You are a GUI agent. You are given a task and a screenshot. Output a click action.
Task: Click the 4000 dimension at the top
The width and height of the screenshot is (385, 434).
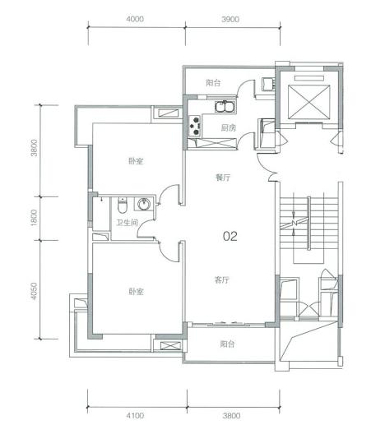point(135,19)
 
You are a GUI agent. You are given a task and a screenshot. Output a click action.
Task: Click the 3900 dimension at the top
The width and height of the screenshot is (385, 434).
point(230,20)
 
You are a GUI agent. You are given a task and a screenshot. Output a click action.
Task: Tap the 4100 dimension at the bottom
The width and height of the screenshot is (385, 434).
point(135,415)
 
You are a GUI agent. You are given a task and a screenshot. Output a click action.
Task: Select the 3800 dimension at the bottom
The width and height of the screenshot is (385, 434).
point(231,415)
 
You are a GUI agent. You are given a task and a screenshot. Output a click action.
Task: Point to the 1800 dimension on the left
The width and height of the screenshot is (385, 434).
point(34,218)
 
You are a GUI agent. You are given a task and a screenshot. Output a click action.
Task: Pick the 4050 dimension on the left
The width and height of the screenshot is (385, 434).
point(34,291)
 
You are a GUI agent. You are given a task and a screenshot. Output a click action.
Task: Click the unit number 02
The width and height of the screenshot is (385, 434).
point(230,237)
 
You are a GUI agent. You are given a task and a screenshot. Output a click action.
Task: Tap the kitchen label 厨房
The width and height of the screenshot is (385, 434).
point(229,128)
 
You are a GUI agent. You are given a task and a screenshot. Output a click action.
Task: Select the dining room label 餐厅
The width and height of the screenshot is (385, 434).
point(223,178)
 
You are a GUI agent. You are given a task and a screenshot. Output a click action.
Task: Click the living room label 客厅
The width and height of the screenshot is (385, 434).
point(222,280)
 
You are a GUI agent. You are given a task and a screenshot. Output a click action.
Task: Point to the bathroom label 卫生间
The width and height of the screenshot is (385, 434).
point(128,223)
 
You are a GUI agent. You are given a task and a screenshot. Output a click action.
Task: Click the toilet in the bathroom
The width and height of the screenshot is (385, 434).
point(122,205)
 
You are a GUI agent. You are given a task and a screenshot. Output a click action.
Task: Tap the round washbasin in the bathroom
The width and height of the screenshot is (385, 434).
point(144,205)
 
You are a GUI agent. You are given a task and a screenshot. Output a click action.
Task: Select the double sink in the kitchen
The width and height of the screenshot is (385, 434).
point(225,107)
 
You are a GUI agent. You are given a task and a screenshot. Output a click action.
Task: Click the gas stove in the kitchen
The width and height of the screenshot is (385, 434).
point(195,126)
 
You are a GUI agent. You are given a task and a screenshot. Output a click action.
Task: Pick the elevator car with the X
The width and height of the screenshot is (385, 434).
point(308,102)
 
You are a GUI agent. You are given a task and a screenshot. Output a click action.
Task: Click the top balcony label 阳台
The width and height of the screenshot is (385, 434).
point(213,83)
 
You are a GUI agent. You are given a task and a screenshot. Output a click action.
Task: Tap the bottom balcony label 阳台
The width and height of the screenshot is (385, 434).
point(227,344)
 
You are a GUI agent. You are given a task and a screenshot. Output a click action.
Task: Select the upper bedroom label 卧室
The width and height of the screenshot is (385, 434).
point(136,161)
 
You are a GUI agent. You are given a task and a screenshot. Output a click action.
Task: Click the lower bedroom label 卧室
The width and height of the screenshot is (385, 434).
point(136,292)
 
